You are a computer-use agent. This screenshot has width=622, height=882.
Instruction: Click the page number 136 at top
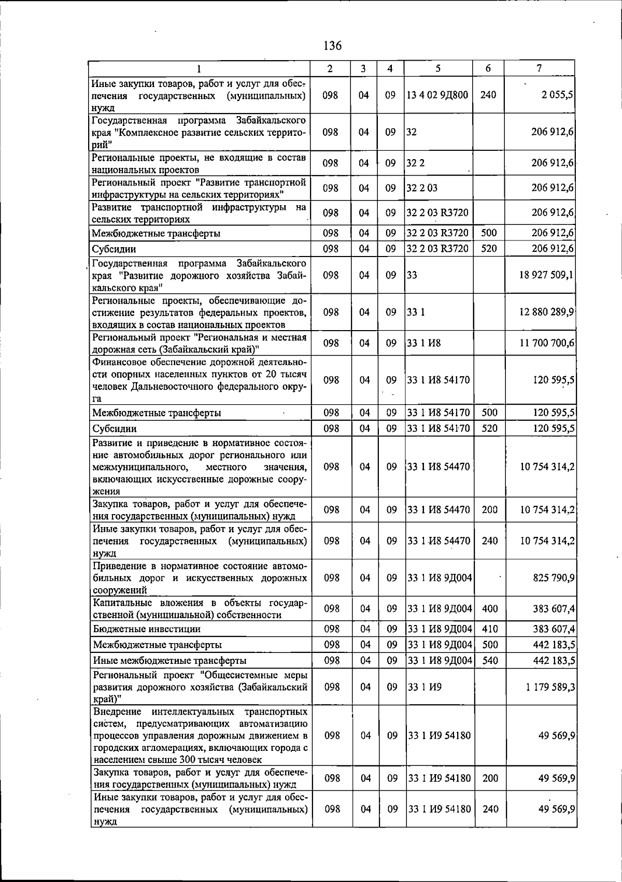coord(332,46)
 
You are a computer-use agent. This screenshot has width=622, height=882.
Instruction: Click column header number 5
coord(438,68)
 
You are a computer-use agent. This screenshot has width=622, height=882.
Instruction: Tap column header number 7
coord(540,68)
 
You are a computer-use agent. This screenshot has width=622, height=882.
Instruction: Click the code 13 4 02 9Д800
coord(438,95)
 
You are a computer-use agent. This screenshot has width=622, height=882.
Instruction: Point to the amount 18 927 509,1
coord(546,275)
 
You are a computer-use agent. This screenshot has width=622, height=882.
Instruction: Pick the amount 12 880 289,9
coord(546,312)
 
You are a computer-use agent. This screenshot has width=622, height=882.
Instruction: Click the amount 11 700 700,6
coord(546,343)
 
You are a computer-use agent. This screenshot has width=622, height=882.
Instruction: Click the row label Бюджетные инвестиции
coord(147,629)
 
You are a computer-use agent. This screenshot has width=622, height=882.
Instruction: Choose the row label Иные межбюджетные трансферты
coord(169,661)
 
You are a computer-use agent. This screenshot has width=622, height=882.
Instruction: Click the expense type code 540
coord(490,661)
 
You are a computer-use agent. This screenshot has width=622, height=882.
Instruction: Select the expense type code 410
coord(490,629)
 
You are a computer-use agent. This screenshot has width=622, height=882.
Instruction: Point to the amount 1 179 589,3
coord(550,687)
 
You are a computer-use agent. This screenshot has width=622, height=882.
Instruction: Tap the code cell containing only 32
coord(412,132)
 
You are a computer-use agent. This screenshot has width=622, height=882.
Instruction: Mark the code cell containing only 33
coord(412,275)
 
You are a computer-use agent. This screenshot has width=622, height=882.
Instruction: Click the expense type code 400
coord(490,609)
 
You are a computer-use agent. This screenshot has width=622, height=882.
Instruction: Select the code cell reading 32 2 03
coord(422,188)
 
